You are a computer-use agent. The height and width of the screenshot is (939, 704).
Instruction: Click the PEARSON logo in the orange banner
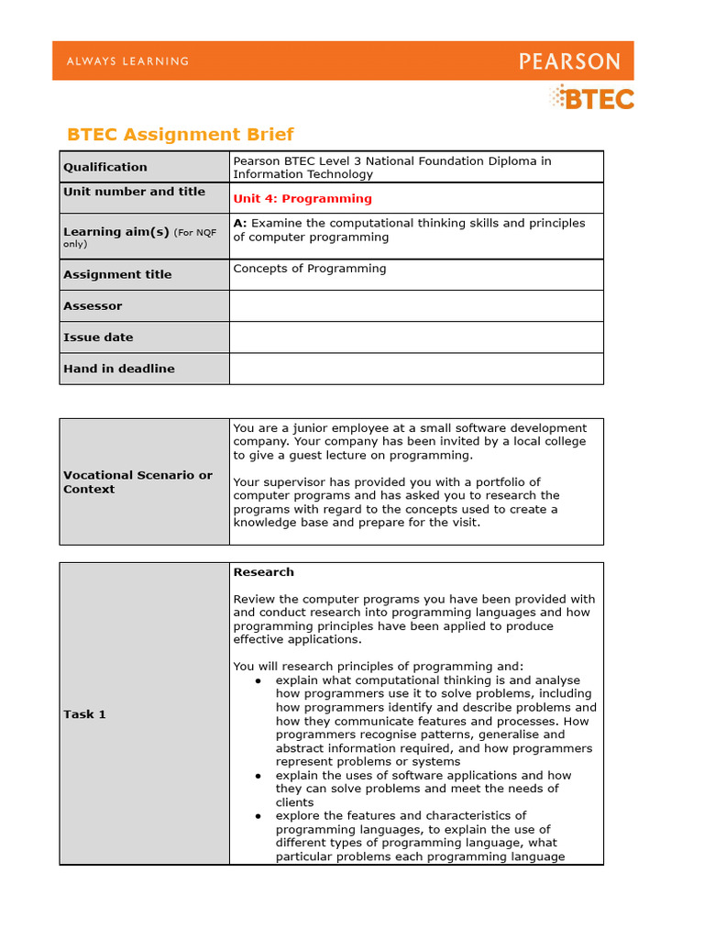pyautogui.click(x=569, y=61)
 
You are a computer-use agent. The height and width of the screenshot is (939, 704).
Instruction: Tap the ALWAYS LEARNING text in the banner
pyautogui.click(x=127, y=61)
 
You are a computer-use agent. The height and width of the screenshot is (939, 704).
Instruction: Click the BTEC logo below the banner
pyautogui.click(x=591, y=97)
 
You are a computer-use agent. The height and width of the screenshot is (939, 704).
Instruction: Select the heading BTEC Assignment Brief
pyautogui.click(x=181, y=135)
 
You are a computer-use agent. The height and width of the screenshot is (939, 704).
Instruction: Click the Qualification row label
pyautogui.click(x=104, y=167)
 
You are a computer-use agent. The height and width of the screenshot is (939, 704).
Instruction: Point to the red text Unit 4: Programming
pyautogui.click(x=302, y=198)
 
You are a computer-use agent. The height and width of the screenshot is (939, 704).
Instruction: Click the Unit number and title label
pyautogui.click(x=134, y=192)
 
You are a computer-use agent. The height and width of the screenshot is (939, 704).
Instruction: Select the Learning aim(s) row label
pyautogui.click(x=116, y=232)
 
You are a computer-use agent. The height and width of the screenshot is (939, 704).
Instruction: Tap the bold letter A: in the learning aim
pyautogui.click(x=240, y=223)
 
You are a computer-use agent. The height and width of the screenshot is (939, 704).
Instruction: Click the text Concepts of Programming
pyautogui.click(x=310, y=269)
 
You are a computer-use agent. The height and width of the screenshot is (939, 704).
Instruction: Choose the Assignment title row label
pyautogui.click(x=117, y=274)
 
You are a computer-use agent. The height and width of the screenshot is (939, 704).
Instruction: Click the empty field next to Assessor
pyautogui.click(x=416, y=306)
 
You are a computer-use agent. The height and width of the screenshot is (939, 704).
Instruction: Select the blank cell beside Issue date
pyautogui.click(x=416, y=337)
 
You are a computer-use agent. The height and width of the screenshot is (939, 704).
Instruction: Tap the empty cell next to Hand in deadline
pyautogui.click(x=416, y=369)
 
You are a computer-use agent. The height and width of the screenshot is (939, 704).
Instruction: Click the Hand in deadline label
pyautogui.click(x=118, y=369)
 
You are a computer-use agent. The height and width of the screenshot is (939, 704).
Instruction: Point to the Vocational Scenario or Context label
pyautogui.click(x=137, y=482)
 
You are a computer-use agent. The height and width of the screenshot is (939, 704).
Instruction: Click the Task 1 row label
pyautogui.click(x=84, y=714)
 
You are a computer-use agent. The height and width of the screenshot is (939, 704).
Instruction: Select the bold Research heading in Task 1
pyautogui.click(x=264, y=572)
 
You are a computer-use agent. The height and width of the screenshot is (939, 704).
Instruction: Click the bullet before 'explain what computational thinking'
pyautogui.click(x=259, y=680)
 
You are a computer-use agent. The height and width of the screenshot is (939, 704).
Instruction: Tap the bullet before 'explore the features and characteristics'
pyautogui.click(x=259, y=816)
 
